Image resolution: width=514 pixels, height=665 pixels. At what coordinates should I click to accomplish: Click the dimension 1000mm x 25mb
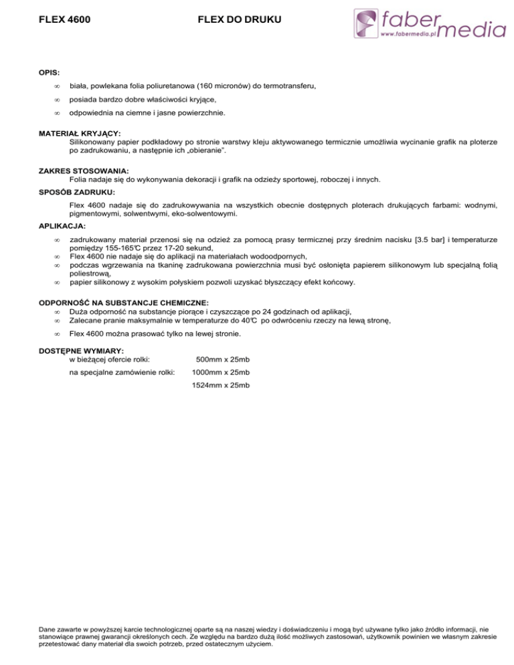221,372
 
